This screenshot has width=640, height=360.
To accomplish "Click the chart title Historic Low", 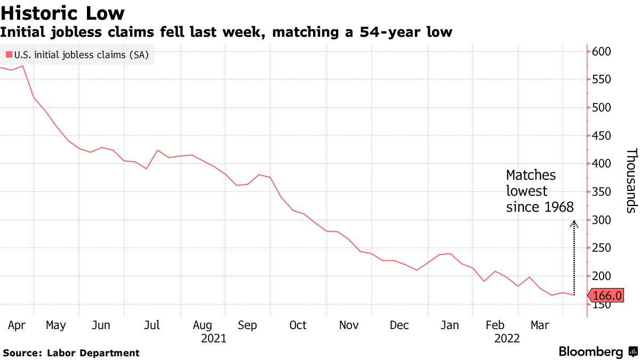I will (x=63, y=12).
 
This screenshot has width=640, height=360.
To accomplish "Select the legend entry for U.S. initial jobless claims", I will (x=77, y=54).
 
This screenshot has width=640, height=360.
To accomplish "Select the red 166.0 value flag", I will (x=607, y=295).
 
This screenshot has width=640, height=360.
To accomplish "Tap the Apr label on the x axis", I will (x=17, y=325).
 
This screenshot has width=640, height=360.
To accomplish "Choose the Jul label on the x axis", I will (x=153, y=325).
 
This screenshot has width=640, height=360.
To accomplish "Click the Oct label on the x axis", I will (x=298, y=325).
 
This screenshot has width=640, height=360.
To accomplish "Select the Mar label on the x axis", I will (x=540, y=325).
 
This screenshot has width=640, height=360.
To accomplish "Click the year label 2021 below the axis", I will (x=213, y=338).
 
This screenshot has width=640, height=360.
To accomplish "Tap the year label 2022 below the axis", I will (x=508, y=338).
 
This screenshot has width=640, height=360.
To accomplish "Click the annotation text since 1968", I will (x=540, y=207).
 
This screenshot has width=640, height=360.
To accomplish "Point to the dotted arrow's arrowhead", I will (x=574, y=224).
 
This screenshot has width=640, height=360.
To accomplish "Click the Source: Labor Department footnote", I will (x=71, y=353).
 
